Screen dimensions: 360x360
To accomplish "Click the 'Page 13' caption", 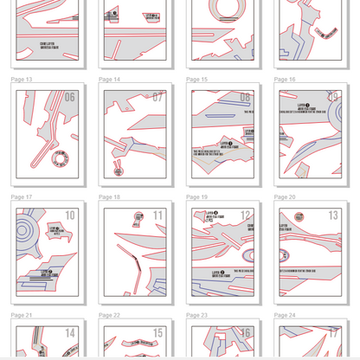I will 22,80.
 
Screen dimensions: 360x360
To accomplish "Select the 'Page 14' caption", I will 109,80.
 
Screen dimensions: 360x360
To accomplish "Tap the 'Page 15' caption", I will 196,80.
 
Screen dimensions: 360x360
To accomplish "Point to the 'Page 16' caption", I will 285,80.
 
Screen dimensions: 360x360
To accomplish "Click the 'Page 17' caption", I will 22,197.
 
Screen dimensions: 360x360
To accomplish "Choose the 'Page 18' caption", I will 109,197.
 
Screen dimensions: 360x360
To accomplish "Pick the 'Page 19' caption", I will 196,197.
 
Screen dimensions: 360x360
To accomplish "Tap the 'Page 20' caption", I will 285,197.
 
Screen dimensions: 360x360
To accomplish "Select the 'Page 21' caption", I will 22,315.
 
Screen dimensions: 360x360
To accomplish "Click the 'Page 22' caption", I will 109,315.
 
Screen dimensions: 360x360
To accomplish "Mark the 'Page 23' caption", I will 196,315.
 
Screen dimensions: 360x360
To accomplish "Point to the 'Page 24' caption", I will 285,315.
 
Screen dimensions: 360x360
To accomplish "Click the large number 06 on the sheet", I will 70,98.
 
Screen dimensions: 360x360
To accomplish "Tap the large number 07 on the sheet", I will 157,98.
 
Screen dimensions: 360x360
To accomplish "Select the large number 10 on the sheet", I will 70,215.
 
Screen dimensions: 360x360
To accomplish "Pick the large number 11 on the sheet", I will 157,215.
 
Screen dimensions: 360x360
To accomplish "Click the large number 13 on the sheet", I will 333,215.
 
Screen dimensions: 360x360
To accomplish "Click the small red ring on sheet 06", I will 60,159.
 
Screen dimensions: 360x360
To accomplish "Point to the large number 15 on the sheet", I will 157,333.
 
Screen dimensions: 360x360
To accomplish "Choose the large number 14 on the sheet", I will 70,333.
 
